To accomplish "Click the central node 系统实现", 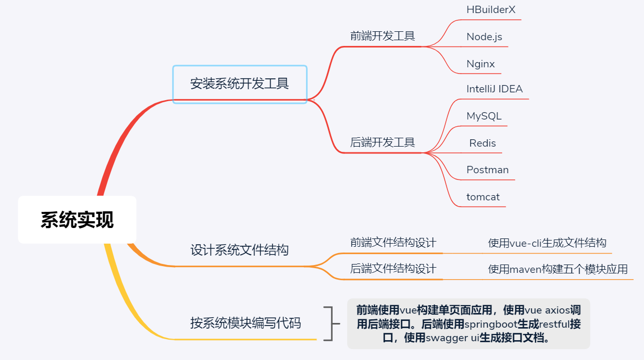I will point(77,220).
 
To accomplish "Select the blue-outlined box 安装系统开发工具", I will point(239,84).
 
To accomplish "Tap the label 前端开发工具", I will point(382,36).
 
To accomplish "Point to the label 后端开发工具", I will point(382,142).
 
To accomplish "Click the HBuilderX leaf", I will point(491,9).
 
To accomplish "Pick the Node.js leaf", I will point(484,37).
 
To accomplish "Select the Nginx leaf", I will point(480,64).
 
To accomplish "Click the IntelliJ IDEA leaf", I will point(494,89).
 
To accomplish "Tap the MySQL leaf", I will point(484,116).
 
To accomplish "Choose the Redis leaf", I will point(482,143).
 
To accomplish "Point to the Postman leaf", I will point(488,170).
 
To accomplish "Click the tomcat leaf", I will point(483,197).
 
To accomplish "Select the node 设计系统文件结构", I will point(239,250).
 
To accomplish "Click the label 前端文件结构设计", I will point(393,243).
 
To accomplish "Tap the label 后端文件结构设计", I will point(393,269).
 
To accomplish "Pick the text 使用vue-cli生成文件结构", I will point(547,243).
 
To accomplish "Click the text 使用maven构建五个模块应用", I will point(557,269).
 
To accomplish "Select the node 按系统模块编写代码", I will point(245,323).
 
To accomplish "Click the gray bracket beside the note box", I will point(329,323).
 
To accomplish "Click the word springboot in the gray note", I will point(490,324).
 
